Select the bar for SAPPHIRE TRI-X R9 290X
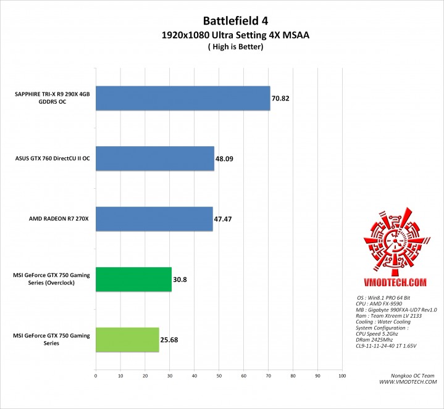point(183,97)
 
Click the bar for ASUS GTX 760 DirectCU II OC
point(155,158)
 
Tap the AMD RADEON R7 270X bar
point(154,218)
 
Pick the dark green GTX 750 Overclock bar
point(133,279)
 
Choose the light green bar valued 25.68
point(127,339)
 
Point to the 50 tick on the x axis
point(219,375)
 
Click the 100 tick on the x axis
point(342,375)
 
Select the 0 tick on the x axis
point(96,375)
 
